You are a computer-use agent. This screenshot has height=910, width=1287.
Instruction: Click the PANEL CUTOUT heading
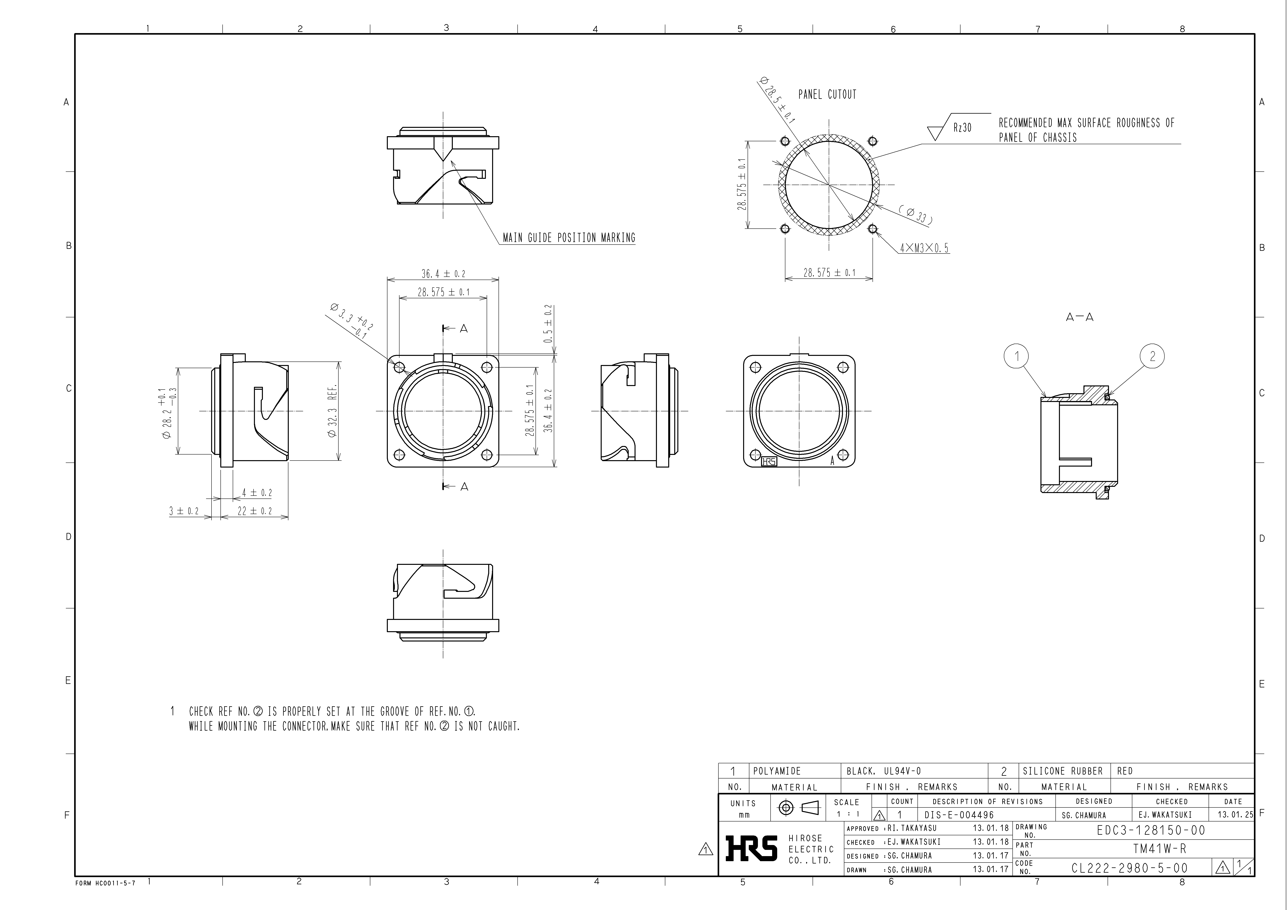(827, 95)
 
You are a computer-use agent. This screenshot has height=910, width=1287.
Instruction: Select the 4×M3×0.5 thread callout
(924, 248)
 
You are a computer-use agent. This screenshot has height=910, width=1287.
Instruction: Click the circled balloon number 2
(1153, 356)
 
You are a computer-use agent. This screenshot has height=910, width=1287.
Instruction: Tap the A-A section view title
(1080, 317)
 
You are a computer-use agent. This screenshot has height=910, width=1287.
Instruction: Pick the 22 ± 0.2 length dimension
(255, 511)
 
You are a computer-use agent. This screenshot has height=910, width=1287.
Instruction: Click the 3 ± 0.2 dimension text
(184, 511)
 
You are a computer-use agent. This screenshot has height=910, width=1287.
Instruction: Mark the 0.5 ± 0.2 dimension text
(548, 324)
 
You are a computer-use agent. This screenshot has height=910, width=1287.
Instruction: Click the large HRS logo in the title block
(751, 848)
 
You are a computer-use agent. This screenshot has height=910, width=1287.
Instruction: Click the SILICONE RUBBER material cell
(1062, 771)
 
